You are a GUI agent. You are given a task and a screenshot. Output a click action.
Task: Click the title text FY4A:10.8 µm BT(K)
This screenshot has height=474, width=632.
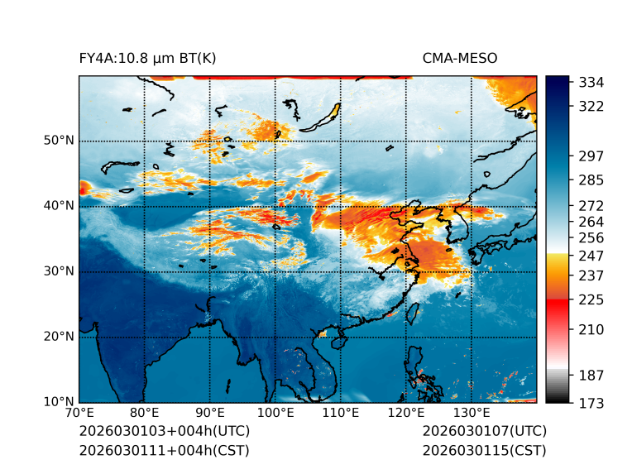pos(147,58)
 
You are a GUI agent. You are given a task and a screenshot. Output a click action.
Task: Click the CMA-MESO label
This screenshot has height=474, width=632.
pos(459,58)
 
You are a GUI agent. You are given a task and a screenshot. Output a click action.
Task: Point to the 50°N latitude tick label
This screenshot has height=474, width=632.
pos(59,141)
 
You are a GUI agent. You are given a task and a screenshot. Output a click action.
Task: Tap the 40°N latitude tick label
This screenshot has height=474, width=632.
pos(59,206)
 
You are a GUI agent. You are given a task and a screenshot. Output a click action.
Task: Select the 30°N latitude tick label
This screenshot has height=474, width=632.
pos(59,271)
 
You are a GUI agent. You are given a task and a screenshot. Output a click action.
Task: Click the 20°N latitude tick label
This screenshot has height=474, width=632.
pos(59,337)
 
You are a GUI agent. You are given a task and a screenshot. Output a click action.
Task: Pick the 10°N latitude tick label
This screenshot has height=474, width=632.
pos(59,402)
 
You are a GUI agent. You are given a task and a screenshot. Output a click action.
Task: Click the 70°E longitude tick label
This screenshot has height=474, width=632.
pos(79,413)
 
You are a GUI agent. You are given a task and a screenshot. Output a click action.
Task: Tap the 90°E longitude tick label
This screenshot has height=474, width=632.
pos(210,413)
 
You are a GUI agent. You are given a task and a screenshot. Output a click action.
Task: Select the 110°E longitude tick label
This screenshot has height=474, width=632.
pos(341,413)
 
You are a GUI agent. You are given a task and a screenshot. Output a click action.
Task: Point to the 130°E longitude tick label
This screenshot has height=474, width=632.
pos(472,413)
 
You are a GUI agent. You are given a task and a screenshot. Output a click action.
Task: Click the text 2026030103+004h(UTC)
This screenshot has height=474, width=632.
pos(164,432)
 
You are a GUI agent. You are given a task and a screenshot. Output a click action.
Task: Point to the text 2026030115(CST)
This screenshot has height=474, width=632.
pos(484,450)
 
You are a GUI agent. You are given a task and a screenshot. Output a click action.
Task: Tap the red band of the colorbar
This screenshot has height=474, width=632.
pos(558,306)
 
